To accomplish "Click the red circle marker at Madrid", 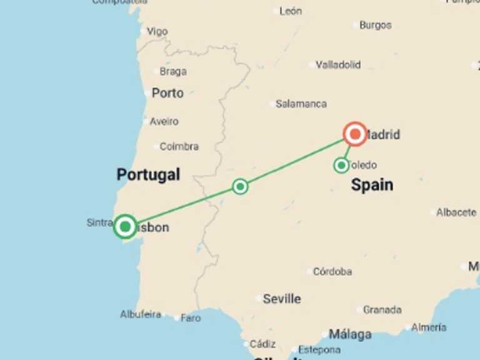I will pos(355,134).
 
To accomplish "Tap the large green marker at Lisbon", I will pos(126,226).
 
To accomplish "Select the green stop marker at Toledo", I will pos(341,165).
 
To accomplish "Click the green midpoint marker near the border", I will pos(240,186).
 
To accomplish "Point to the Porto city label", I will pos(167,93).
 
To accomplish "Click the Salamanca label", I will pos(301,104).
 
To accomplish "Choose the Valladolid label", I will pos(338,64).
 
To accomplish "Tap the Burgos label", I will pos(376,25).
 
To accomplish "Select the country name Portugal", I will pos(148,174).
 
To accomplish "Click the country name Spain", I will pos(372,184).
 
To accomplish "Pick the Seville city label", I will pos(281,299).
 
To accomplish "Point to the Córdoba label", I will pos(332,271).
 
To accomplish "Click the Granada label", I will pos(382,309).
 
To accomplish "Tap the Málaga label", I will pos(349,334).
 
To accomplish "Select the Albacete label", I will pos(456,212).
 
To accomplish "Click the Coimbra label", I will pos(179,146).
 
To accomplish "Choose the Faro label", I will pos(191,318).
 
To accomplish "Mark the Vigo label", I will pos(157,31).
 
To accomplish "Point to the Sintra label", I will pos(99,222).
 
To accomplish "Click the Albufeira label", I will pos(141,314).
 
